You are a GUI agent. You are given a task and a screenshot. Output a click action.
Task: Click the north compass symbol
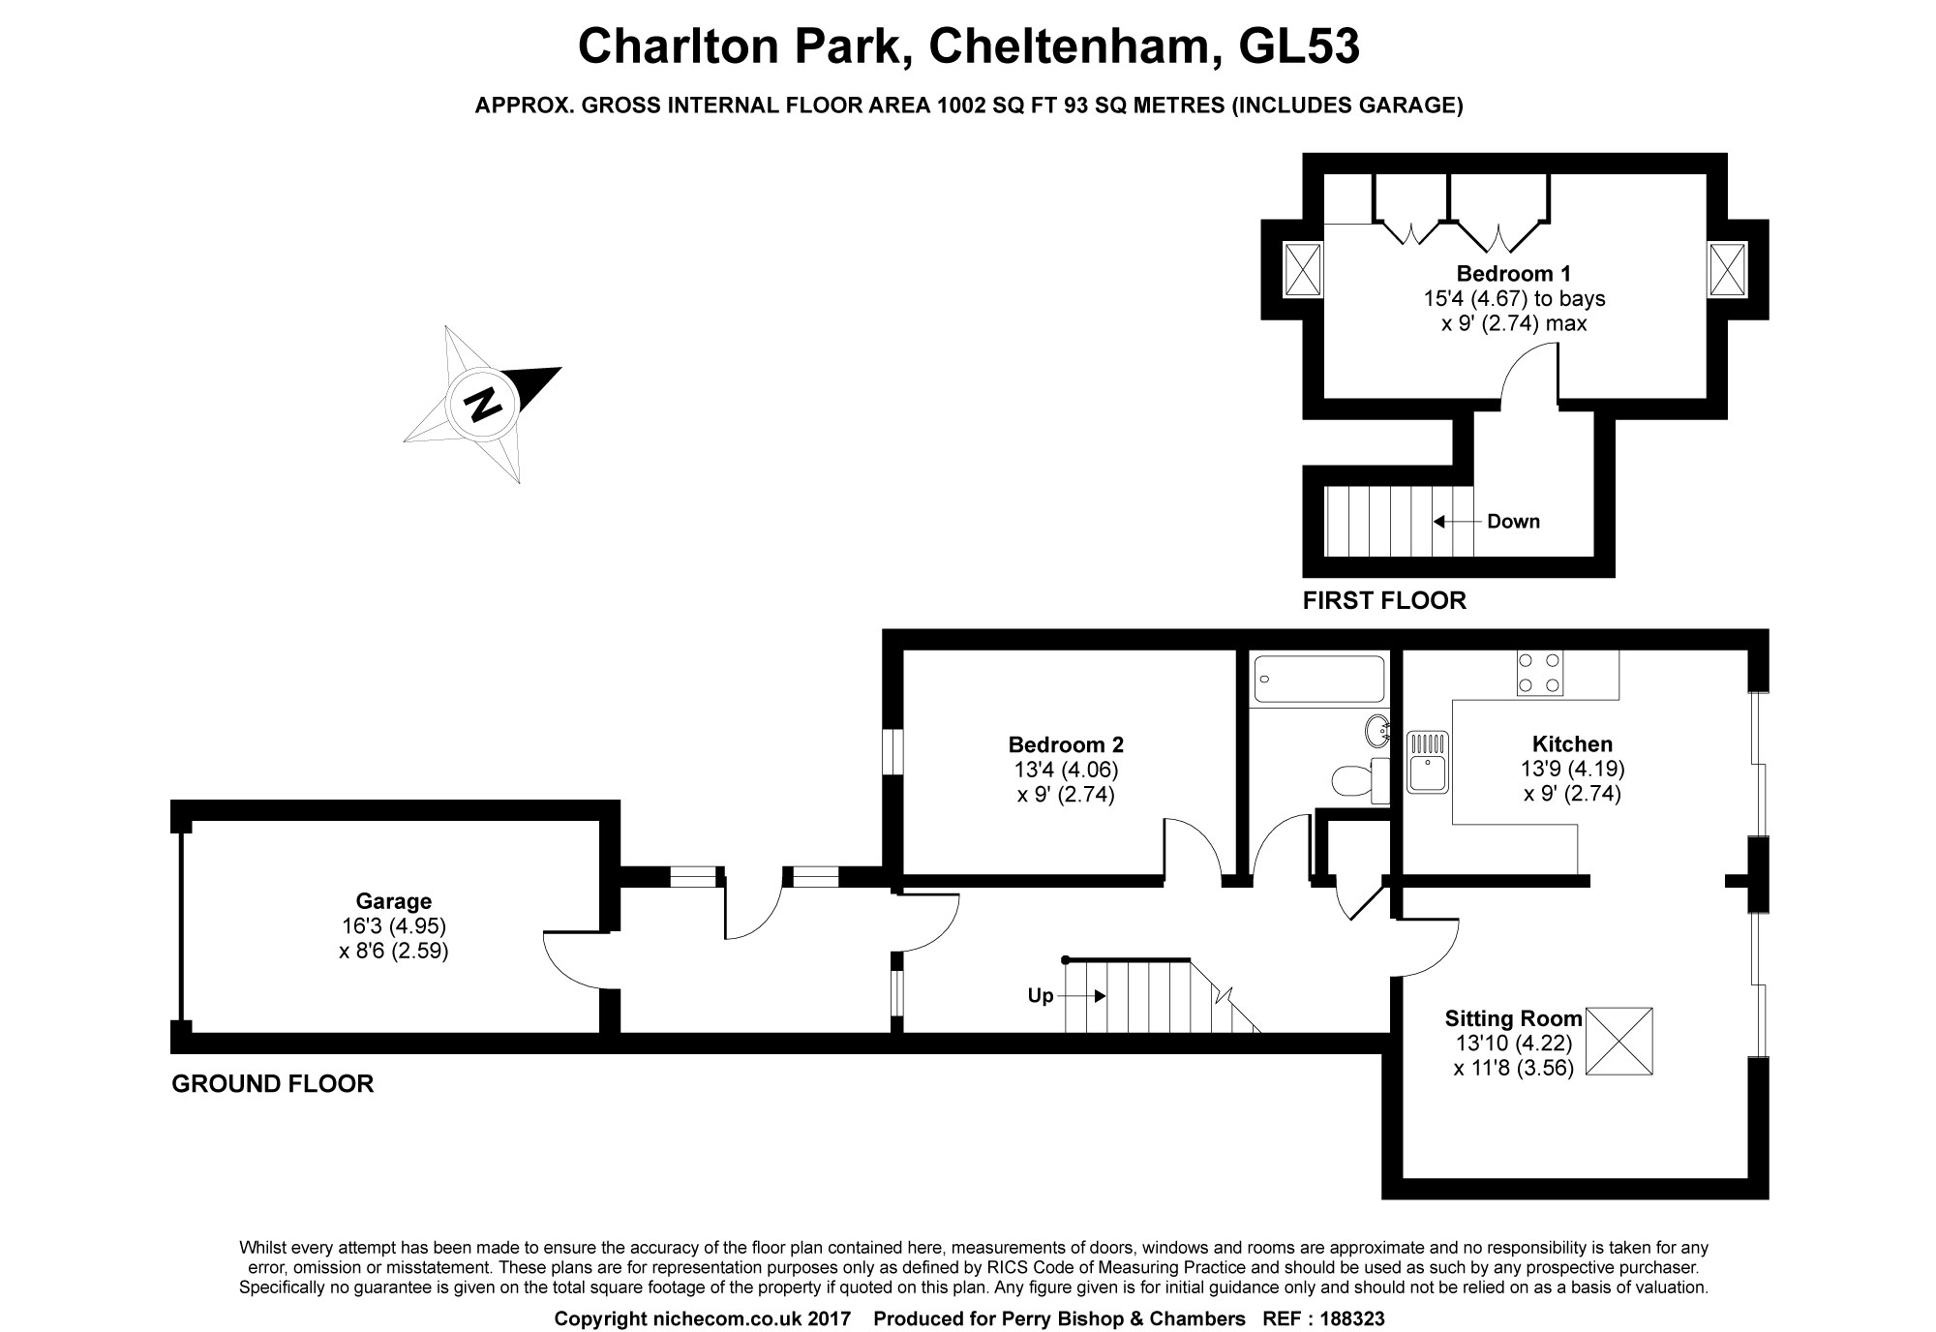482,404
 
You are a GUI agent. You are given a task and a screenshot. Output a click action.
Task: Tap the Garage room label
393,901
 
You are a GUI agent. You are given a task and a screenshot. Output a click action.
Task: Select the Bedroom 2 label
1066,744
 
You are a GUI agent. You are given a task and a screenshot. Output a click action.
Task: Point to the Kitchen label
1572,743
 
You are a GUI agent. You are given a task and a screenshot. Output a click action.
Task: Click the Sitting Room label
1513,1017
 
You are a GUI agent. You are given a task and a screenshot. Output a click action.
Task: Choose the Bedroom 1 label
1513,273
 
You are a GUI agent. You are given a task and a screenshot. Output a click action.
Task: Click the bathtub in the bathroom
1319,680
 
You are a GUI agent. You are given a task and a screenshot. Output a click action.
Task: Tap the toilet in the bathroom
1360,780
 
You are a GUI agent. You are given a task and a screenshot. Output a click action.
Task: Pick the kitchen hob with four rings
1539,673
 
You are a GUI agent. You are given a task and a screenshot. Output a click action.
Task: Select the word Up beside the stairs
1040,995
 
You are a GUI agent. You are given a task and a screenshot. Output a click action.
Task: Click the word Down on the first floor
1513,521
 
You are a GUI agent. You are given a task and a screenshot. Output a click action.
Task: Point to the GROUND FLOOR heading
272,1083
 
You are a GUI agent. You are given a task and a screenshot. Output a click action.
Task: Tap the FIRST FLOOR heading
1384,600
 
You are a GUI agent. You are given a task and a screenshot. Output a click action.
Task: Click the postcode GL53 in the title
1299,45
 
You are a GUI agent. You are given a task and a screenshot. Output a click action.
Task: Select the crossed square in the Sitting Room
1619,1041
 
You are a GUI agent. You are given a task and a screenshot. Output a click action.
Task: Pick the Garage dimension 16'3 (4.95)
393,926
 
